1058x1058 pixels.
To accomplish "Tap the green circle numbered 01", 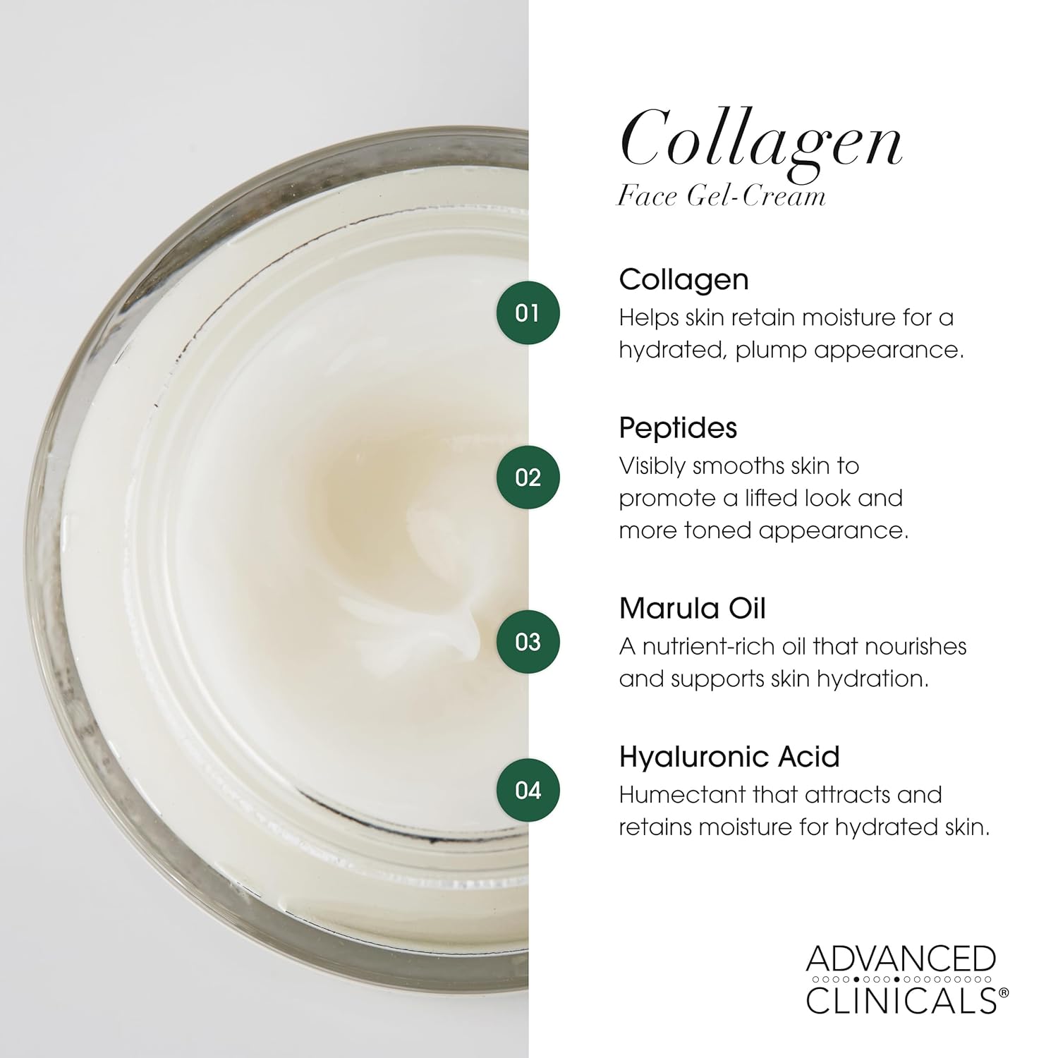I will [x=528, y=312].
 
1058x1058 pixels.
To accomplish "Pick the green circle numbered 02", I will [x=528, y=478].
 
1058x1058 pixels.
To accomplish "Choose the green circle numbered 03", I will [x=528, y=642].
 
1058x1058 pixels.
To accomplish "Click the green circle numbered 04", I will [x=528, y=790].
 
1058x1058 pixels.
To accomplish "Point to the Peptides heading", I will [x=678, y=428].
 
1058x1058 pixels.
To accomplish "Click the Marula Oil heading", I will [x=692, y=608].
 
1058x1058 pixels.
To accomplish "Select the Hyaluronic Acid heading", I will [x=729, y=757].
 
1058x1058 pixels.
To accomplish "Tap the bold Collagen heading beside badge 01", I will [x=683, y=279].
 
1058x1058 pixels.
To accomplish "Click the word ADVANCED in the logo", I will [x=901, y=960].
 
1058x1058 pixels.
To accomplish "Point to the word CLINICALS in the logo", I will [x=901, y=1000].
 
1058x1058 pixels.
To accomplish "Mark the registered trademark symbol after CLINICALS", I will [x=1004, y=992].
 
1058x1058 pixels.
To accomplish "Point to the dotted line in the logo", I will [x=901, y=980].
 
